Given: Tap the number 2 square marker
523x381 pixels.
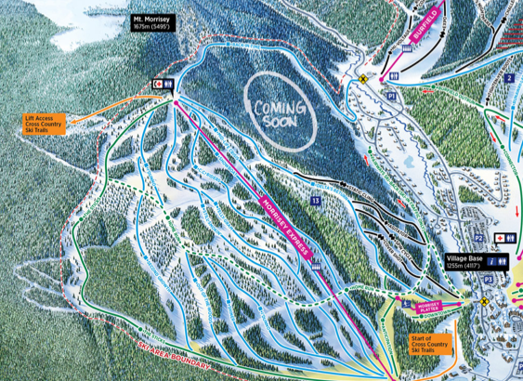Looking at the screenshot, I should (509, 79).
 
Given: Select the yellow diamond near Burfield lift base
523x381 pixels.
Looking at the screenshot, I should (364, 80).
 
